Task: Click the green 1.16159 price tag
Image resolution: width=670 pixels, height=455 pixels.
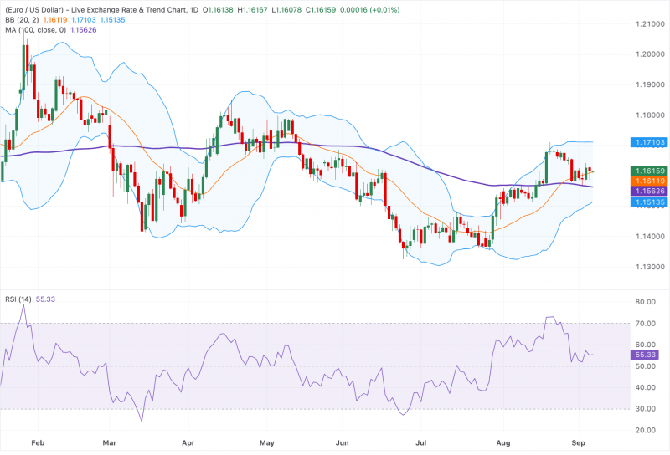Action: click(650, 171)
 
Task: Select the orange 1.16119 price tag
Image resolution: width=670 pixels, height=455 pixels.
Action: click(650, 181)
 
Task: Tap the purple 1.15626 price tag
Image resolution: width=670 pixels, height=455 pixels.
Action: click(650, 192)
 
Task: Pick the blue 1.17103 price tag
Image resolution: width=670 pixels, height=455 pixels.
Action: click(650, 142)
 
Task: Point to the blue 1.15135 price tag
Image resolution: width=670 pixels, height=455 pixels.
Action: click(650, 202)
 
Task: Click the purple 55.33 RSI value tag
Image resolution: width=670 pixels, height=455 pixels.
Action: click(645, 355)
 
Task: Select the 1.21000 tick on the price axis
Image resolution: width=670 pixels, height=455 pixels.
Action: click(651, 24)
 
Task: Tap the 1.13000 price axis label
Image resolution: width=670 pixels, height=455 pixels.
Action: click(651, 267)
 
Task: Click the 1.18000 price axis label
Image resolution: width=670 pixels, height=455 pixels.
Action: click(651, 115)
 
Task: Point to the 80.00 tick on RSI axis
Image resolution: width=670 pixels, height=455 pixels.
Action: click(645, 302)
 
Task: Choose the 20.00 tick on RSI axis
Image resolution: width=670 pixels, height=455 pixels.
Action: click(645, 430)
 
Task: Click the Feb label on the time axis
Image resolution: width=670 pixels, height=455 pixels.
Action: click(38, 442)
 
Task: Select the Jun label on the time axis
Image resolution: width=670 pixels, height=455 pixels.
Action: click(342, 442)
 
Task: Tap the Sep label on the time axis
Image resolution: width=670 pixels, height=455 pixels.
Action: click(578, 442)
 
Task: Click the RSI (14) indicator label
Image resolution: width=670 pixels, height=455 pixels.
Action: click(18, 299)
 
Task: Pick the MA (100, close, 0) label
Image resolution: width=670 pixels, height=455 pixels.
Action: click(36, 30)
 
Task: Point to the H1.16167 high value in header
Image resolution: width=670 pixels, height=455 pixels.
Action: click(253, 9)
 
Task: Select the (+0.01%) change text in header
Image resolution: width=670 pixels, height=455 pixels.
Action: click(384, 9)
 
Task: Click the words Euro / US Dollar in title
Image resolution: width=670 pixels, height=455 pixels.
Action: click(34, 9)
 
